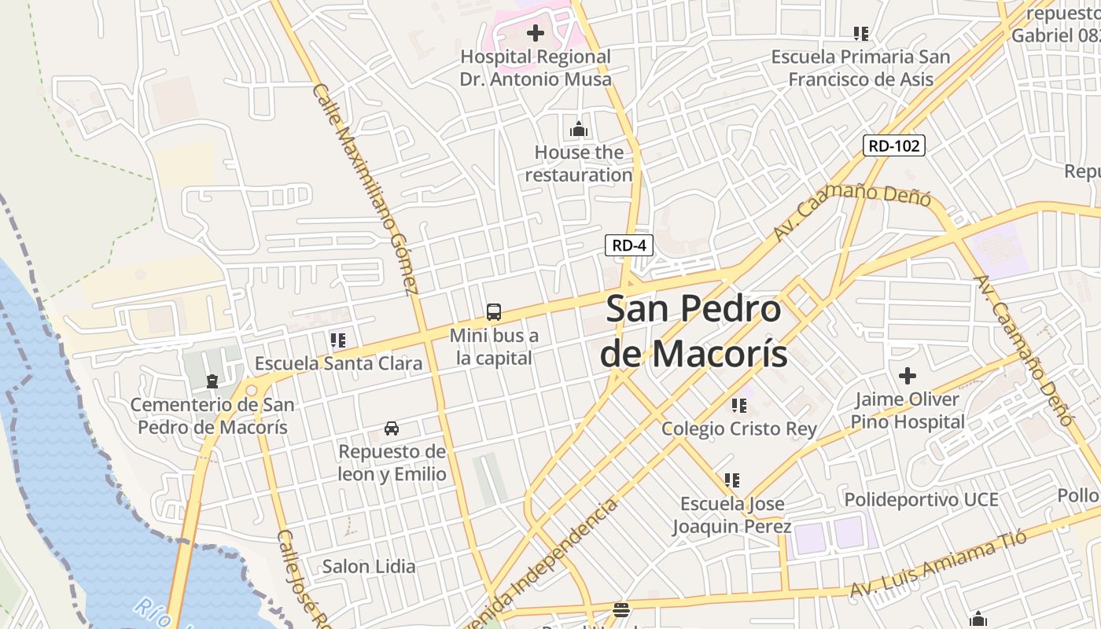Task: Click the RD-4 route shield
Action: (628, 245)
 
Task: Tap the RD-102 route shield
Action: (893, 145)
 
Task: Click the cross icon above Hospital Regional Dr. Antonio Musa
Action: (536, 33)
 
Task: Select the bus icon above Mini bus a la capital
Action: (494, 312)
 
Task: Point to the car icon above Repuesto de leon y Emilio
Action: (392, 429)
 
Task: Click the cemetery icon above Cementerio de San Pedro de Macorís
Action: (212, 382)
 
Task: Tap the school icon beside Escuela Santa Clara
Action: (338, 340)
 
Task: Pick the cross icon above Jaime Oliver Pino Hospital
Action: (908, 376)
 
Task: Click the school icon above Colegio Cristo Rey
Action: (738, 406)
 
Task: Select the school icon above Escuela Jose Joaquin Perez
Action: (731, 480)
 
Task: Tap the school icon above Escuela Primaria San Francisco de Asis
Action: (860, 34)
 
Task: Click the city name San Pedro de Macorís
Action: (694, 331)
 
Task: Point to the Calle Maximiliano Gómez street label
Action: (365, 189)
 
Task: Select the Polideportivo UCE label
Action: (921, 499)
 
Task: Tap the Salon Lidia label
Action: (369, 566)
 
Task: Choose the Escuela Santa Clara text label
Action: (338, 364)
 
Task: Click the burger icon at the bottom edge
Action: (621, 609)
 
